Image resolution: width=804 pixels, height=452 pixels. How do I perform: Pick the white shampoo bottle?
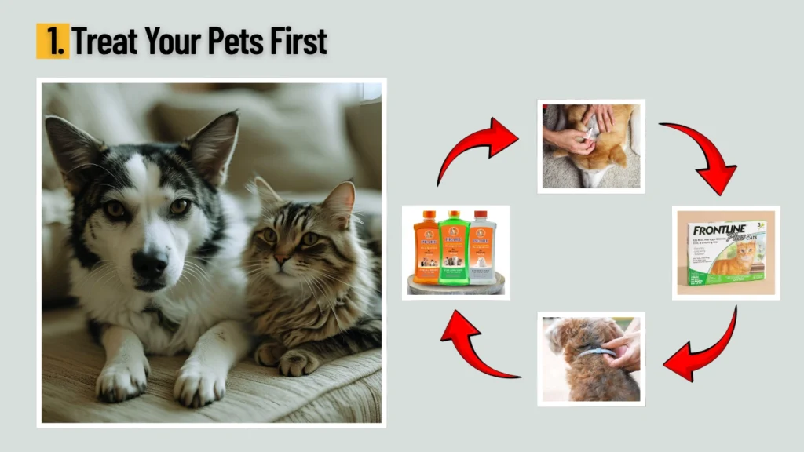tap(482, 250)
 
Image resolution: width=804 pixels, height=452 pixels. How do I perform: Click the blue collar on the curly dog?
tap(597, 352)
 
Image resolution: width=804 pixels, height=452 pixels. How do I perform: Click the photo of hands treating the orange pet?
tap(590, 146)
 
